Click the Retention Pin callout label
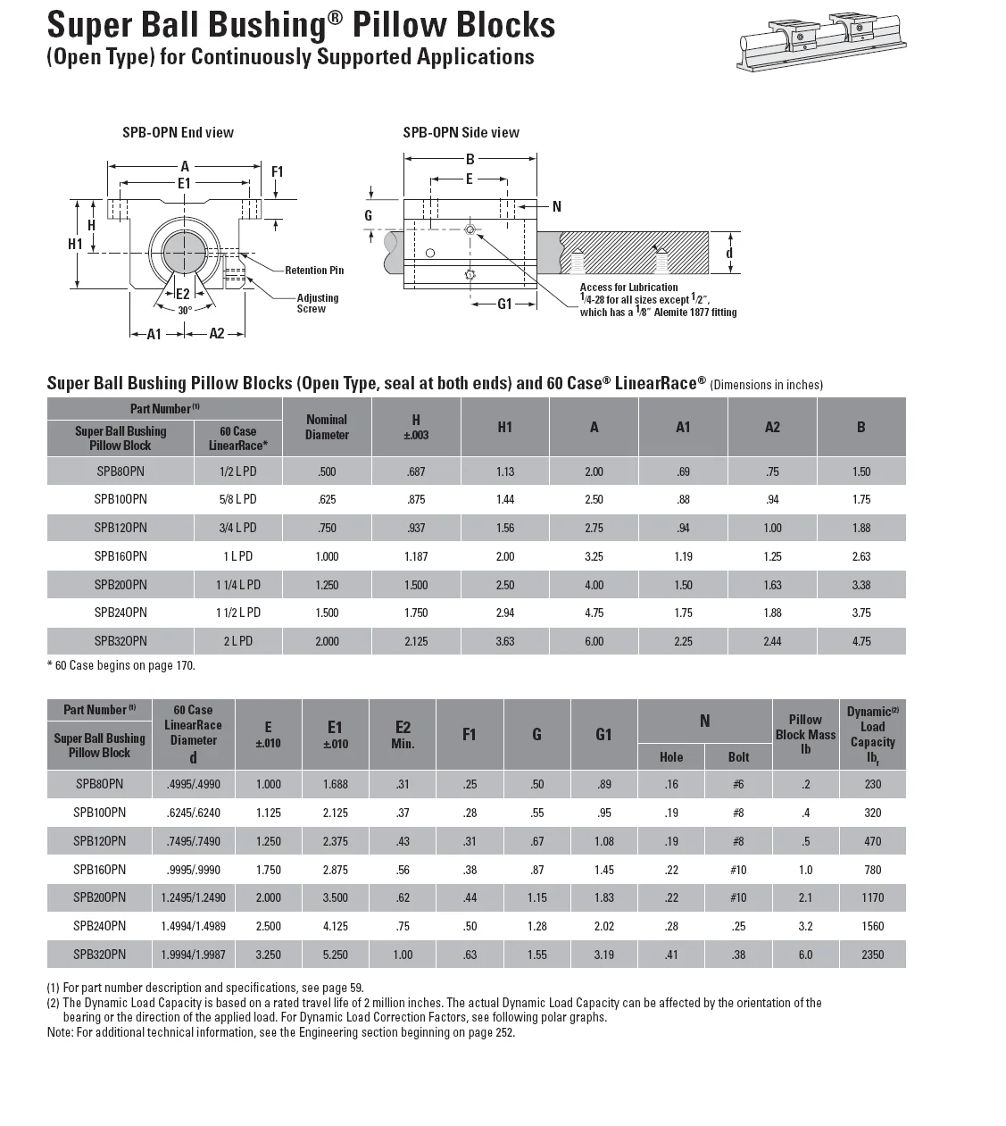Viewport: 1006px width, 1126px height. click(x=314, y=270)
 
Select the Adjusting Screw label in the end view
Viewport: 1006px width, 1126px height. click(x=317, y=304)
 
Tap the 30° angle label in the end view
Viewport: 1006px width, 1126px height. click(x=185, y=311)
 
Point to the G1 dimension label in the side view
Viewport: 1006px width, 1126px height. click(x=505, y=304)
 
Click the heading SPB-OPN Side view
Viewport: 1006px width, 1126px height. click(x=461, y=132)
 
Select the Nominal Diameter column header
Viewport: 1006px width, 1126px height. click(x=327, y=427)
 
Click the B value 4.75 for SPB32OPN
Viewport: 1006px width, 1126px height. click(x=861, y=641)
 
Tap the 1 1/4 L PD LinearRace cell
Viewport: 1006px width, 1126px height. click(x=237, y=585)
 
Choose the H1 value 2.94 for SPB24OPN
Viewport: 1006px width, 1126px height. click(x=505, y=613)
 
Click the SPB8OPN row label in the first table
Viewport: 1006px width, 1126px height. click(x=121, y=471)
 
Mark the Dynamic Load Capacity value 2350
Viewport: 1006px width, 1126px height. click(x=872, y=955)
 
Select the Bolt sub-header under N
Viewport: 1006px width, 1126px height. click(x=738, y=757)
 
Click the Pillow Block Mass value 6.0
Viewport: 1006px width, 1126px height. click(x=805, y=955)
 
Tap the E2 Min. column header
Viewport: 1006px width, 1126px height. click(x=403, y=735)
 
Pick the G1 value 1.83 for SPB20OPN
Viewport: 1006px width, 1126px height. click(x=603, y=897)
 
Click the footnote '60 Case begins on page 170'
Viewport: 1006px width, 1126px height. click(x=121, y=665)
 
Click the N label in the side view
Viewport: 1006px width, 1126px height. click(x=557, y=206)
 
